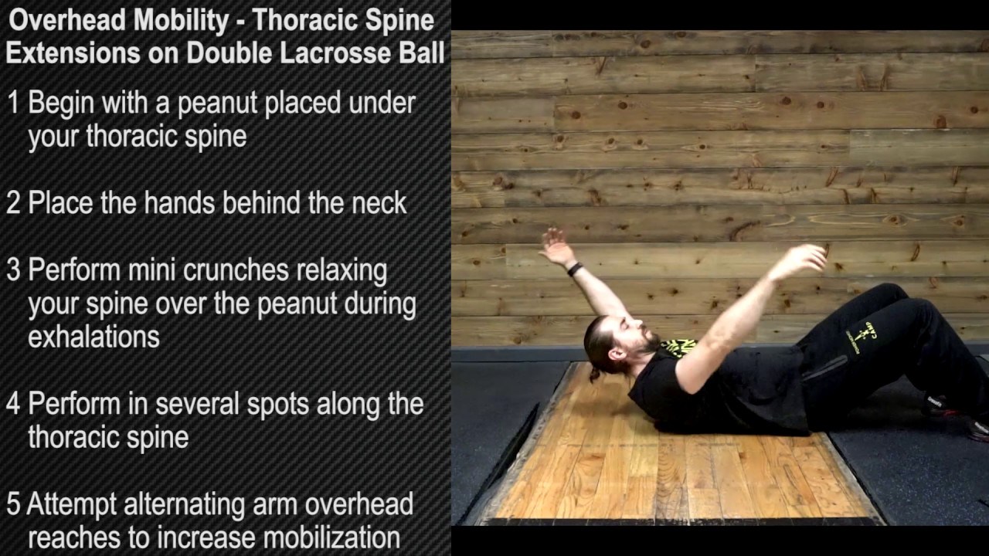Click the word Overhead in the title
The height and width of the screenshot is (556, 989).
pos(67,21)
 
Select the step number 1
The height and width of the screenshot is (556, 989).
pos(13,103)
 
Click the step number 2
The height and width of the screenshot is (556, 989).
pos(13,203)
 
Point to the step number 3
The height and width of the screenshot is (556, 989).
pos(13,270)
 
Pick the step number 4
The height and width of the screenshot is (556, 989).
pos(13,404)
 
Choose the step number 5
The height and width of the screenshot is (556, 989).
pos(13,504)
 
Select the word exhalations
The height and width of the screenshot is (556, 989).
pos(93,337)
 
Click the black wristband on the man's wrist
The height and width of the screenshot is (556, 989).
pos(574,269)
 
